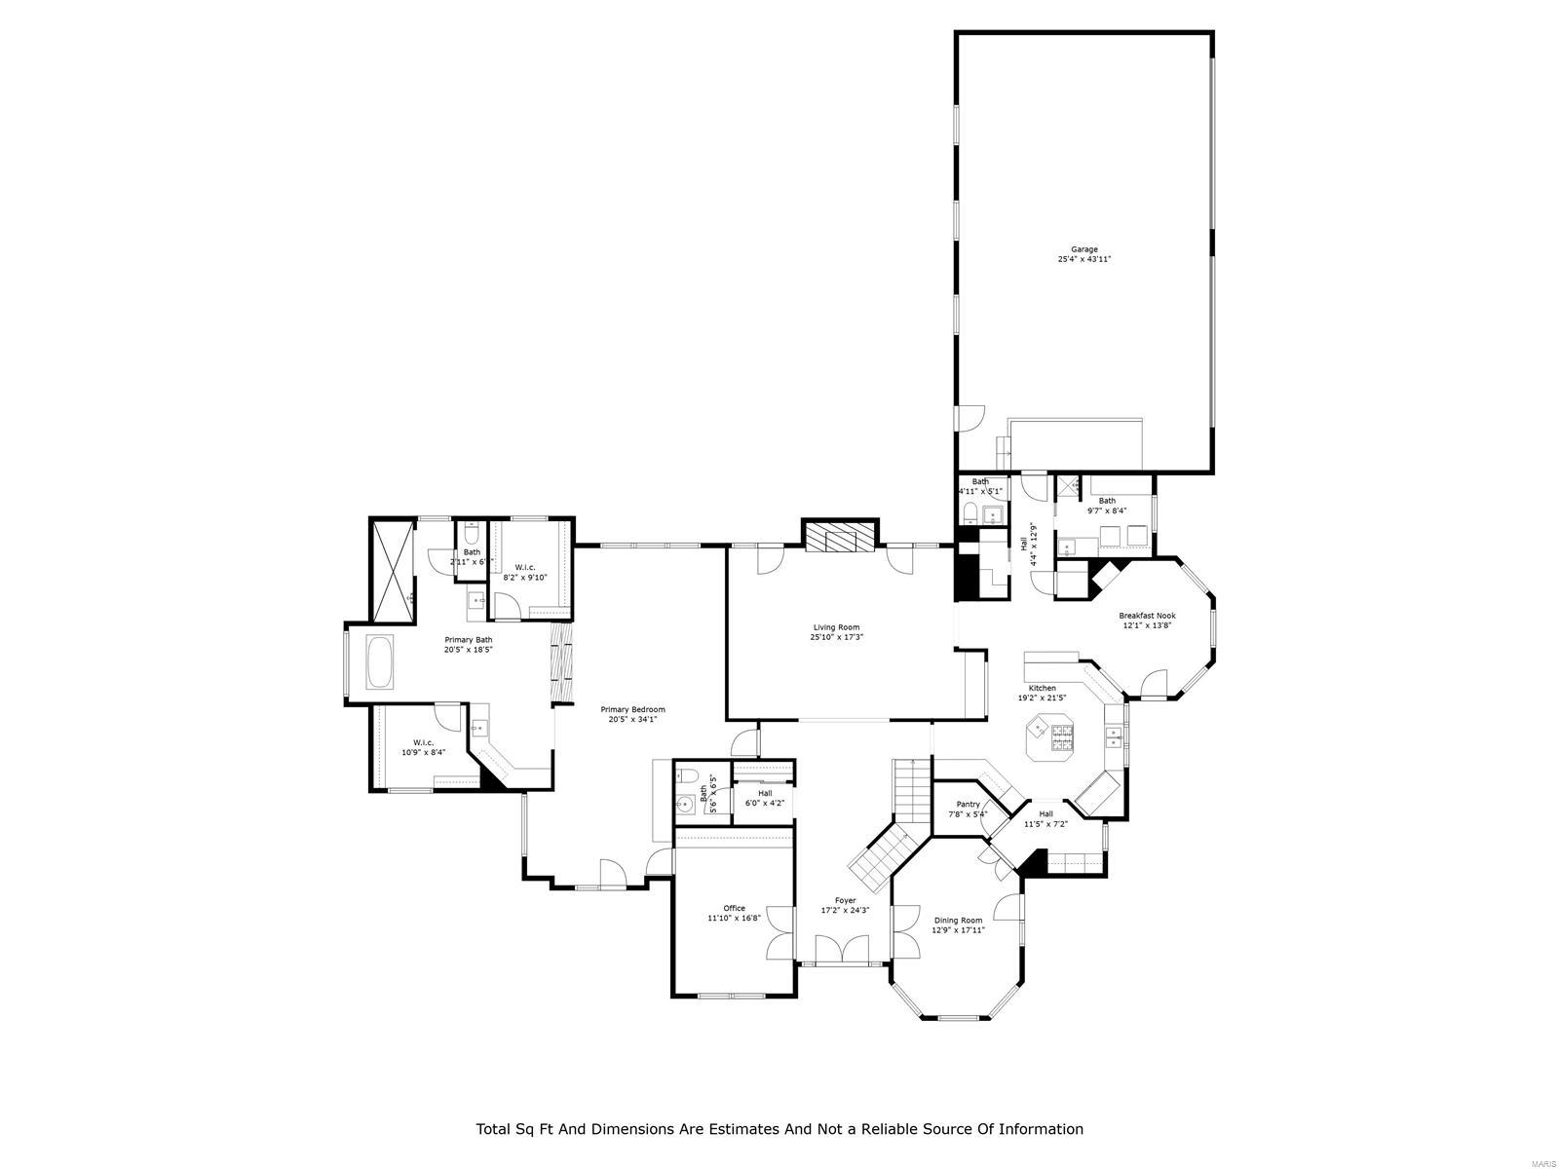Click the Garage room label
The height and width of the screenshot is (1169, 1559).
click(x=1084, y=249)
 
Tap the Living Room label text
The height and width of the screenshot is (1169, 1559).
click(x=836, y=627)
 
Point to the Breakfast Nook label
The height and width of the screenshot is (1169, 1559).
click(x=1146, y=616)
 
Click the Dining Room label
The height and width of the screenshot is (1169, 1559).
click(x=958, y=920)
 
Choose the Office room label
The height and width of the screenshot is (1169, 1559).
click(x=734, y=908)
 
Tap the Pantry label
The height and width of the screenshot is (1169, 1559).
click(x=967, y=805)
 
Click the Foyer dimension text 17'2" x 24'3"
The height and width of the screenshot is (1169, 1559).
click(x=844, y=911)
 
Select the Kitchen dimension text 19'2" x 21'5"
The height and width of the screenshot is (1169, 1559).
click(x=1042, y=698)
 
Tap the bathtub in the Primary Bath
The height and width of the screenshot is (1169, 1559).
click(x=380, y=663)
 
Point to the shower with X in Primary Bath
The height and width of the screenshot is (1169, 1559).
click(x=394, y=571)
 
